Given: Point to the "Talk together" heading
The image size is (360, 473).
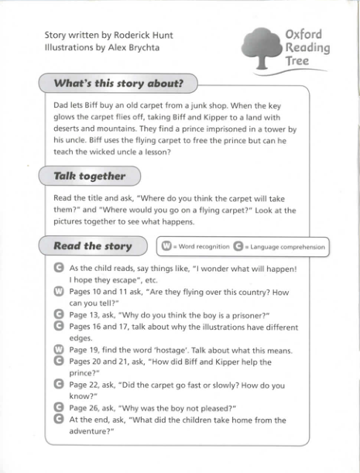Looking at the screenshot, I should point(89,176).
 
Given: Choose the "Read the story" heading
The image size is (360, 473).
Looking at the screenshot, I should point(93,246).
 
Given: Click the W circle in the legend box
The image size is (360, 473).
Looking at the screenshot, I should point(166,247).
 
